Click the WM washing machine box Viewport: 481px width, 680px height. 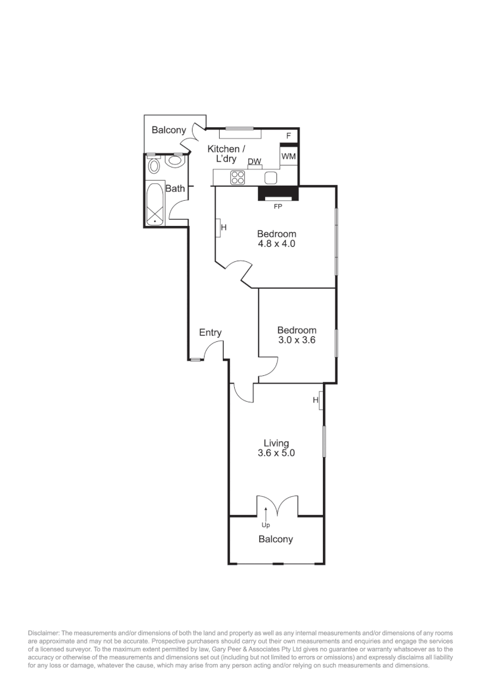point(288,156)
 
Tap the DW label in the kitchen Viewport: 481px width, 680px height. point(254,162)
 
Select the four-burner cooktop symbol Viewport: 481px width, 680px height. point(238,178)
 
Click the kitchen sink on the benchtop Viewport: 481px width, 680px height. point(271,178)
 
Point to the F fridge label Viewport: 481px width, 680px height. point(289,136)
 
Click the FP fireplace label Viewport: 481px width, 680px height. point(278,206)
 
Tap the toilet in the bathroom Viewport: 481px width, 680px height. point(174,161)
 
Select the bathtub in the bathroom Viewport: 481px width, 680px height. point(155,203)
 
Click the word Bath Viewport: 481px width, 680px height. point(175,188)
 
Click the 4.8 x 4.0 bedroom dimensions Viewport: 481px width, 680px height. point(276,243)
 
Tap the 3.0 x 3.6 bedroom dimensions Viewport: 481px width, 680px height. point(297,339)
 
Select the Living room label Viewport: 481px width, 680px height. point(276,443)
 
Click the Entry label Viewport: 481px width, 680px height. point(210,332)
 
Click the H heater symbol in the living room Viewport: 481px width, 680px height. point(320,400)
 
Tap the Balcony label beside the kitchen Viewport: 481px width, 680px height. point(169,130)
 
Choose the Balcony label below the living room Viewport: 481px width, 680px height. point(276,539)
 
